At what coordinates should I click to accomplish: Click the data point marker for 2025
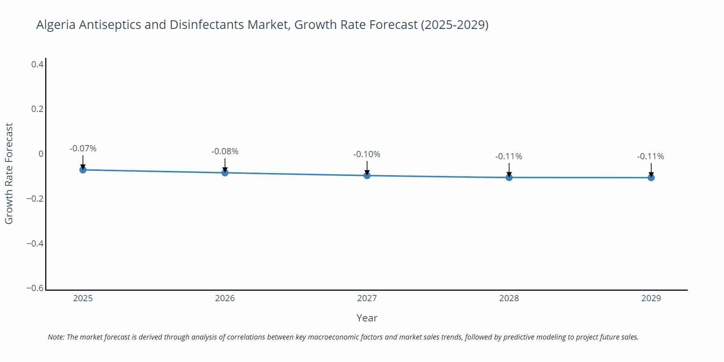tap(83, 169)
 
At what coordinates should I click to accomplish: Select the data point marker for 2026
tap(225, 172)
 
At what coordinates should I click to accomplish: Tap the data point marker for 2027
tap(367, 175)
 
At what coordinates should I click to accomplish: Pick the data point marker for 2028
tap(509, 177)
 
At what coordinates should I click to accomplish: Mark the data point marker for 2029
tap(651, 177)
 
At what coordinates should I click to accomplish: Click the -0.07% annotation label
tap(83, 148)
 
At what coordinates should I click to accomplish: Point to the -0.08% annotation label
tap(225, 151)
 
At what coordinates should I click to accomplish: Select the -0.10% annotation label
tap(367, 154)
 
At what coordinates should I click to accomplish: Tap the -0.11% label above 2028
tap(509, 156)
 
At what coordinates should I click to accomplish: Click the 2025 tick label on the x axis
tap(83, 298)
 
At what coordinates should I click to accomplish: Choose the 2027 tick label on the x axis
tap(367, 298)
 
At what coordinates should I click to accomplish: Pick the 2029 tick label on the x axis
tap(651, 298)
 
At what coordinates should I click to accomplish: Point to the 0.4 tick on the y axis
tap(37, 64)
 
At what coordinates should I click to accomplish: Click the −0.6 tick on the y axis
tap(35, 288)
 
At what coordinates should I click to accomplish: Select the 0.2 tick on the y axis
tap(37, 109)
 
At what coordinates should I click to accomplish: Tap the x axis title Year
tap(367, 318)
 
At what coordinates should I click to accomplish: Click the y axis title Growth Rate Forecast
tap(9, 173)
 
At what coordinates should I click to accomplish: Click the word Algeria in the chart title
tap(56, 25)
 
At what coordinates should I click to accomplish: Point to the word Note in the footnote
tap(56, 337)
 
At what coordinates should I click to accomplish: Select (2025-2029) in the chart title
tap(454, 25)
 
